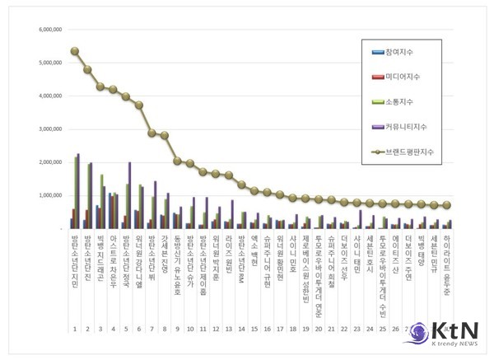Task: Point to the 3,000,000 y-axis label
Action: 44,129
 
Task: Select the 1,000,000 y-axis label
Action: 44,196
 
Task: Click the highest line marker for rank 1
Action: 74,51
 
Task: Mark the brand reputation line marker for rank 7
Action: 151,133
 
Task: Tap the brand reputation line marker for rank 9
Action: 177,161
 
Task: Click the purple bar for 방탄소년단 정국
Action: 129,195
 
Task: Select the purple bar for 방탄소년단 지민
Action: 78,191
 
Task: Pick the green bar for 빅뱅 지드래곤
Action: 101,201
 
